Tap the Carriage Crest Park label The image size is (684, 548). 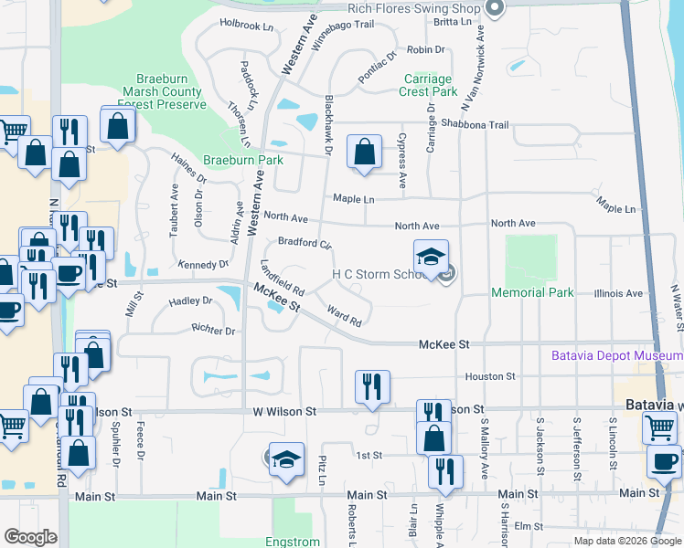[x=429, y=86]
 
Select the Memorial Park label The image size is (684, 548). [x=532, y=293]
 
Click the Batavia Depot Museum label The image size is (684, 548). [x=617, y=355]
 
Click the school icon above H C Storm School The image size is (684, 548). [x=431, y=257]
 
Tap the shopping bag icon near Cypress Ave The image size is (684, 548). [x=364, y=153]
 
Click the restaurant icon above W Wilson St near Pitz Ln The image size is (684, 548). [x=372, y=386]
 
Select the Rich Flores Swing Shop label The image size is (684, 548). [x=415, y=9]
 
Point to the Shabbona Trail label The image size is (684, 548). [x=474, y=125]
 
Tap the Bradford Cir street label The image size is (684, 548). [x=305, y=244]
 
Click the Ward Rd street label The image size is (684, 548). [x=345, y=316]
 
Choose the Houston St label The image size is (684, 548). [x=491, y=376]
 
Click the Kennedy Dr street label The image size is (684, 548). [x=204, y=265]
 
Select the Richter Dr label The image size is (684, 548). [x=214, y=330]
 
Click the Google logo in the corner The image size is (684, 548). [x=31, y=537]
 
